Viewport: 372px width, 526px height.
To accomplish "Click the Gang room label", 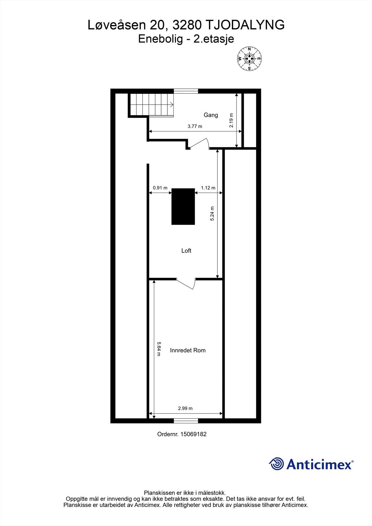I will click(211, 115).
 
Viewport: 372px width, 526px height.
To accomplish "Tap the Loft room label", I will click(186, 251).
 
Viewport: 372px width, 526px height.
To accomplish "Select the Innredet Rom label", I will click(188, 350).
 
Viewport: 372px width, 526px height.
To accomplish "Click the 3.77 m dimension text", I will click(195, 126).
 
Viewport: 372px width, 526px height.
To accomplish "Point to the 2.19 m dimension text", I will click(231, 120).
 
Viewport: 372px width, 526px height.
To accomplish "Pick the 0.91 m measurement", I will click(160, 188).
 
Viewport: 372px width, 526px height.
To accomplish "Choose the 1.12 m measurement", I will click(208, 188).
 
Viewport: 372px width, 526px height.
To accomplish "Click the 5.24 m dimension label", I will click(212, 213).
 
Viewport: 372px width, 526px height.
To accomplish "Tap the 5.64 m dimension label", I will click(159, 349).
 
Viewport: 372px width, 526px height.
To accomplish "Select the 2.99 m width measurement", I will click(185, 408).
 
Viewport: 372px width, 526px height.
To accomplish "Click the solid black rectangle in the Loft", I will click(183, 206).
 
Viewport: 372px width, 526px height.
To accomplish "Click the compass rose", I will click(249, 59).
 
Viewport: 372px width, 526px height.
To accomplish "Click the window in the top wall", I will click(186, 91).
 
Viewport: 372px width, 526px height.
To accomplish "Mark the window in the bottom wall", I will click(186, 420).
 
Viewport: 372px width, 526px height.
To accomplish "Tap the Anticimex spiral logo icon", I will click(276, 464).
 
